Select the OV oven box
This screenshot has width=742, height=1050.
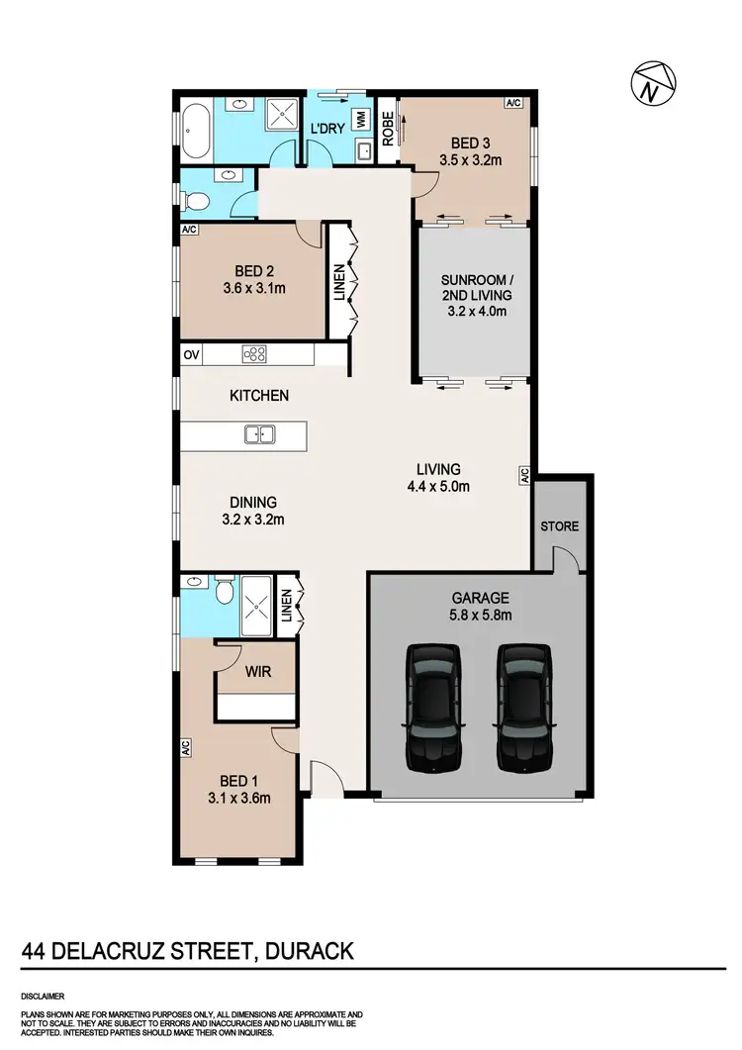(x=190, y=354)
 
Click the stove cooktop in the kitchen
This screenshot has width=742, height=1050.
(x=253, y=354)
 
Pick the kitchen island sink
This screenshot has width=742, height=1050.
(x=260, y=433)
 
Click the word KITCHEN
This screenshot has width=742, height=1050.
(x=259, y=396)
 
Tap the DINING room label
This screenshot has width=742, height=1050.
(x=251, y=502)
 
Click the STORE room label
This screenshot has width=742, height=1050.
(x=559, y=526)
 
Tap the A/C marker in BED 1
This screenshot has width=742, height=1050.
(x=185, y=749)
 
